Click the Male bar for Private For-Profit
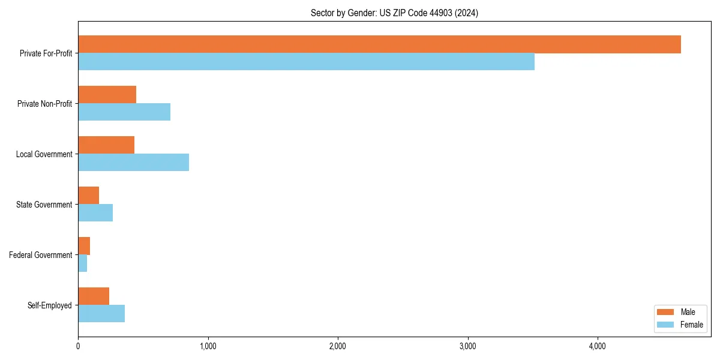pos(379,44)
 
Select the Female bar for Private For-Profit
pos(306,62)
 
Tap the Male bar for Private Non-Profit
pos(107,95)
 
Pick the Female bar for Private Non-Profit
pos(124,112)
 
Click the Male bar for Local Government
pos(106,145)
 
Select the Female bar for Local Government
pos(133,163)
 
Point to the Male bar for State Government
pos(89,196)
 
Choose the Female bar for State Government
pos(95,213)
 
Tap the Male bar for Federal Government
pos(84,246)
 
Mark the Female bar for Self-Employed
pos(101,314)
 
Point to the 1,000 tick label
pos(208,346)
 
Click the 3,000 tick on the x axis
pos(467,346)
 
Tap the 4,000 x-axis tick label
pos(597,346)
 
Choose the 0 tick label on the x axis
pos(78,346)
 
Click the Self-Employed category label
pos(50,305)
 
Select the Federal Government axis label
pos(41,255)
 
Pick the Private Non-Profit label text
pos(45,104)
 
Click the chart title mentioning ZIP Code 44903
pos(394,13)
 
